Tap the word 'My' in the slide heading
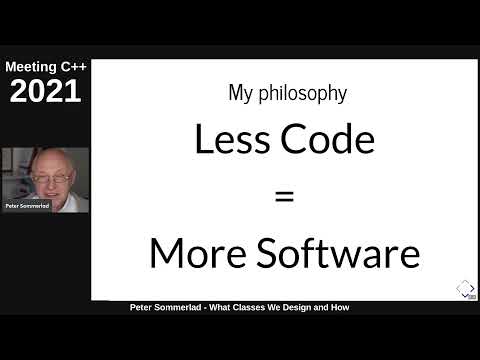(241, 94)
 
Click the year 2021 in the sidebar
(44, 92)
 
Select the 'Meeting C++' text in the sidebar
(44, 67)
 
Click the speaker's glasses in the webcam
(50, 177)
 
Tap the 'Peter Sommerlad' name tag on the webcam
(27, 205)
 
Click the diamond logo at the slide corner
(465, 289)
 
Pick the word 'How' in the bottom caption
(341, 307)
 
